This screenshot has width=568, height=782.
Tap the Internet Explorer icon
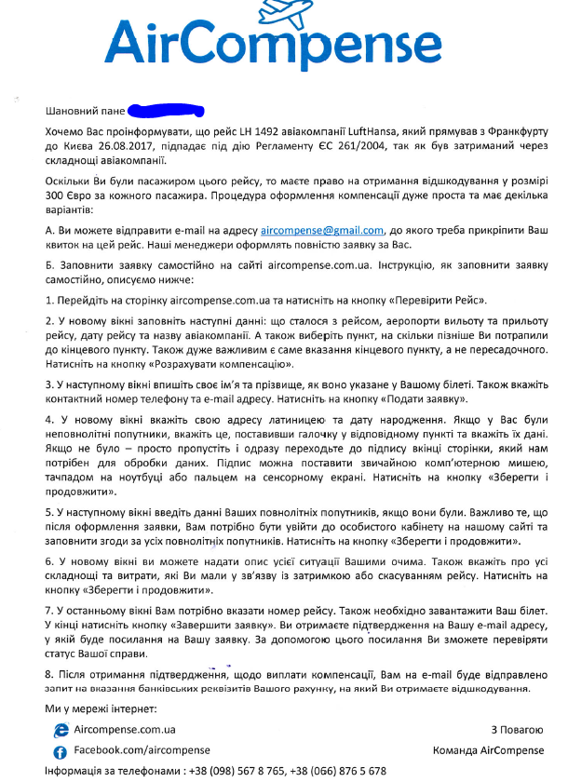pyautogui.click(x=61, y=731)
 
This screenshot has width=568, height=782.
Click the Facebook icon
pyautogui.click(x=61, y=751)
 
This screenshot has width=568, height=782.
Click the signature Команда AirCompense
pyautogui.click(x=488, y=750)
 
